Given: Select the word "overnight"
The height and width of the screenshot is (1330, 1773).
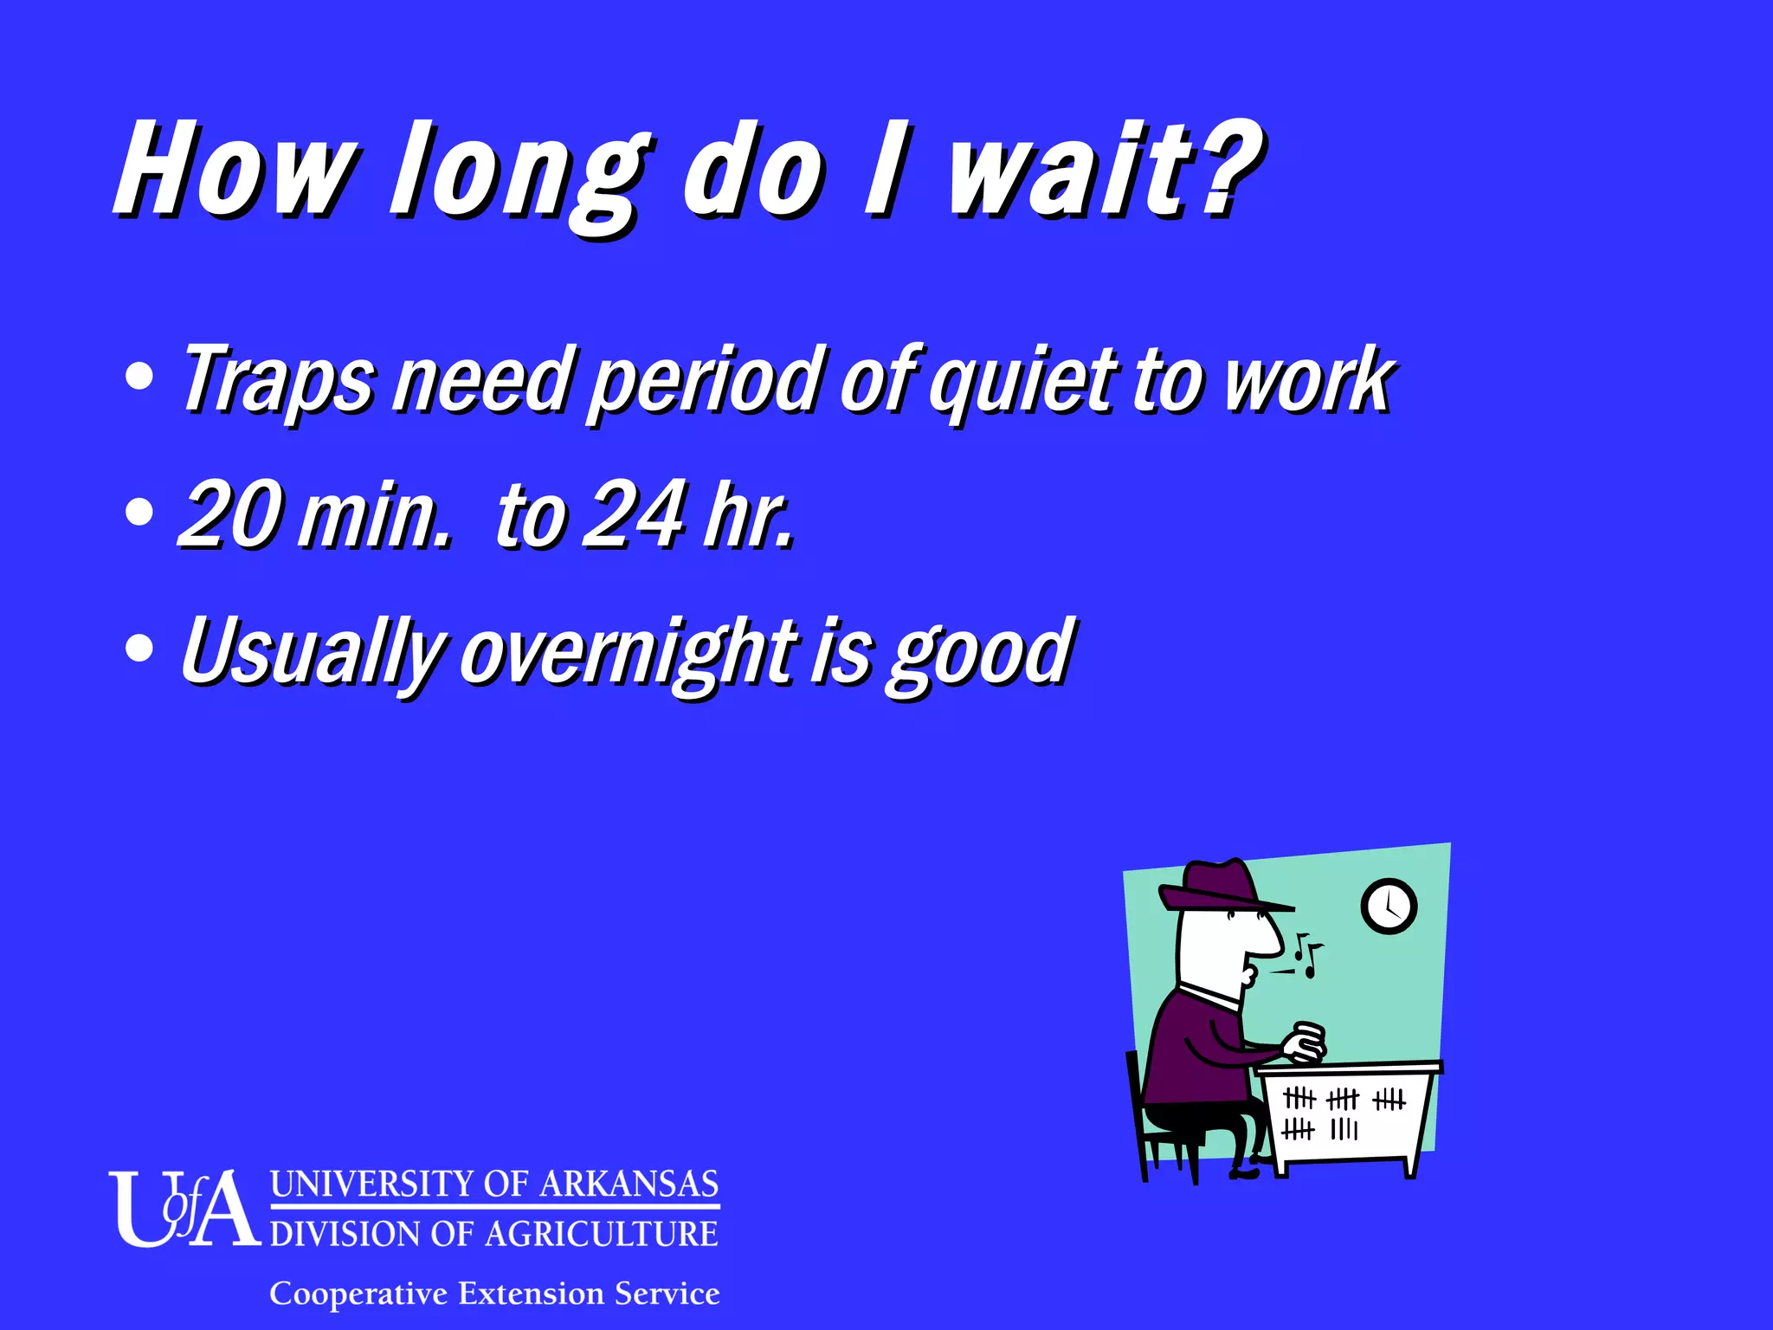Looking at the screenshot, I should [629, 654].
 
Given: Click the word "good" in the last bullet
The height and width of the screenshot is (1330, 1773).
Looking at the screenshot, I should [983, 654].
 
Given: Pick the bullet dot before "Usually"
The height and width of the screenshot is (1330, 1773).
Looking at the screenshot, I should [139, 648].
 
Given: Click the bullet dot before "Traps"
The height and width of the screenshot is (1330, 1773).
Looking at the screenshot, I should [139, 376].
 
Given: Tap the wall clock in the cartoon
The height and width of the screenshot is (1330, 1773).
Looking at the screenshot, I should [1389, 907].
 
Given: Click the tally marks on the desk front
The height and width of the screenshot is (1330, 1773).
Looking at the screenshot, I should [1343, 1114].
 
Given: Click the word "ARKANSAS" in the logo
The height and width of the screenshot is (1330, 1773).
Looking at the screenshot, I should [629, 1184].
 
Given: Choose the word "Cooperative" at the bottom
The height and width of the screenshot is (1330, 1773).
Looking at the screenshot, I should [358, 1294].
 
